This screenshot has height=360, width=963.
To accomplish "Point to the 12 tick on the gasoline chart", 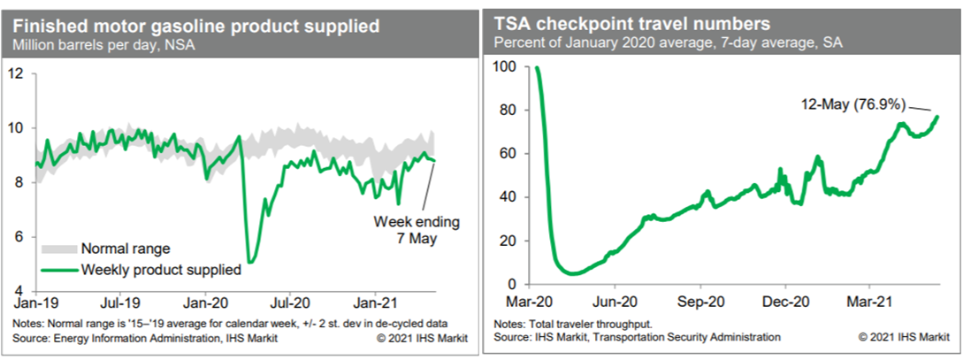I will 15,73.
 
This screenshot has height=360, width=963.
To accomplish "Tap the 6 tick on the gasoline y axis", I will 19,237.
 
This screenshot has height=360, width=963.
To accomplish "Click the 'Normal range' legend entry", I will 125,249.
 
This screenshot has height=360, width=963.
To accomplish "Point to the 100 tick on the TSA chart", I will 504,67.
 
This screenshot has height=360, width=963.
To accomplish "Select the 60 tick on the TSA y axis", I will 508,154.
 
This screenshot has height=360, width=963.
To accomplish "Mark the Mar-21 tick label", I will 868,299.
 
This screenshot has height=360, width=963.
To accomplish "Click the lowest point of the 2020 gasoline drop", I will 250,262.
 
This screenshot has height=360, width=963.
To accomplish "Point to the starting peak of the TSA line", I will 538,67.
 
